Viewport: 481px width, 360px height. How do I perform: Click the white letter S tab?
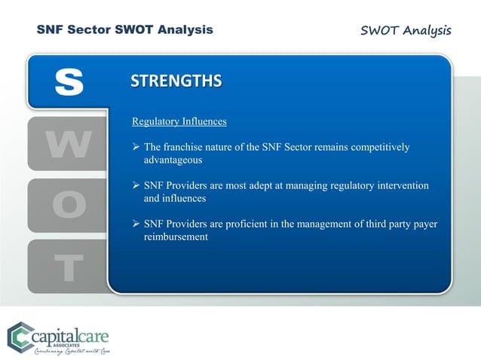click(69, 82)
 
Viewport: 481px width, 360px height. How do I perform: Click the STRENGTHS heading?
click(176, 81)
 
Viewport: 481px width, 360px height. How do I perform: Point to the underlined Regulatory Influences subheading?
click(179, 121)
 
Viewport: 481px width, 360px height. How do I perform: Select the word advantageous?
click(173, 160)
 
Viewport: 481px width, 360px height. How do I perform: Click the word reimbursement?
click(176, 237)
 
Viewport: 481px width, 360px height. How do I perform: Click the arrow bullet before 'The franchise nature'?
click(136, 148)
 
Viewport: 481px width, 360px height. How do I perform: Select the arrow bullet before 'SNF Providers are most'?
click(136, 186)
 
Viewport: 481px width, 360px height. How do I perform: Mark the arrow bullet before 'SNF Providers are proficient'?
click(136, 225)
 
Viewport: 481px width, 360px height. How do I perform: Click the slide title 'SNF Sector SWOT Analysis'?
click(125, 30)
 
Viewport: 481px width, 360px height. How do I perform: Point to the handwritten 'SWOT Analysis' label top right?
click(406, 31)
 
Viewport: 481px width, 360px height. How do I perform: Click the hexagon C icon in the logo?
click(22, 336)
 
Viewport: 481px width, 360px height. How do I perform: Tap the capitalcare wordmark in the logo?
click(75, 332)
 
